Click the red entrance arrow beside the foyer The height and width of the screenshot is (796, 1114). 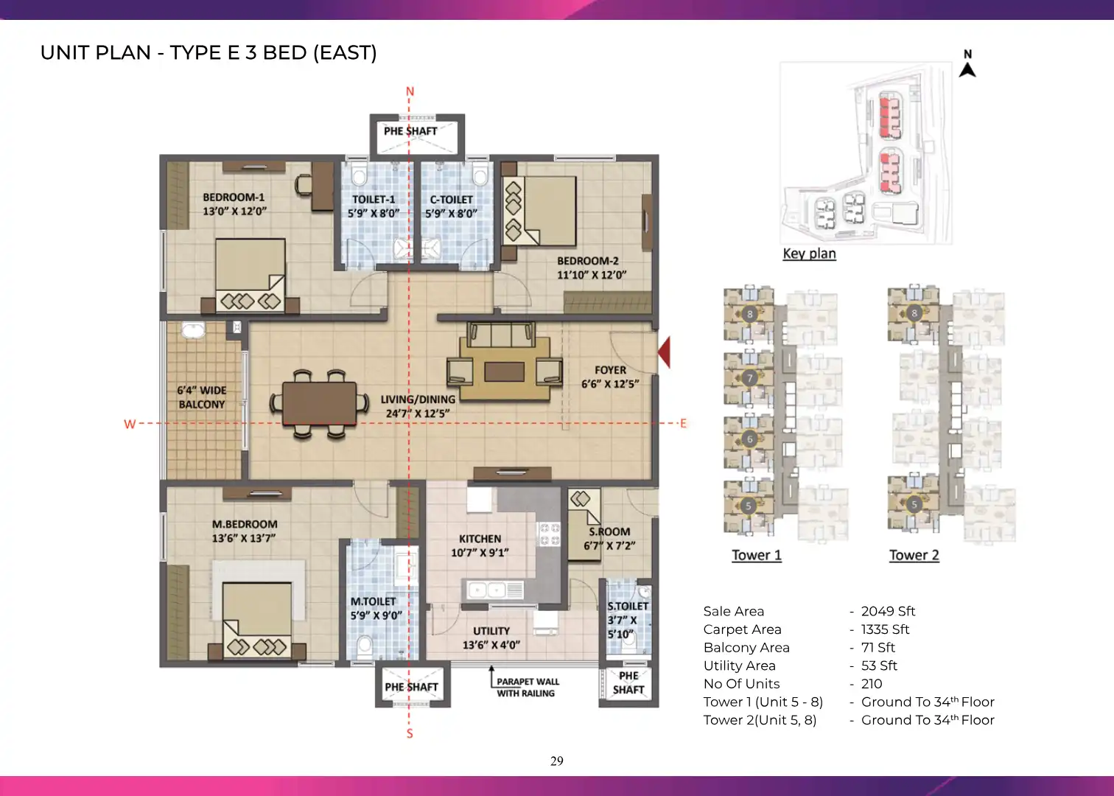tap(665, 352)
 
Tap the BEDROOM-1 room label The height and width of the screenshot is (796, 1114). tap(234, 198)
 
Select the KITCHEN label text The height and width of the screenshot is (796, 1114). tap(480, 539)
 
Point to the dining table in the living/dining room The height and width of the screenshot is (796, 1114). tap(319, 403)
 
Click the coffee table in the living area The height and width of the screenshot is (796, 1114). tap(504, 371)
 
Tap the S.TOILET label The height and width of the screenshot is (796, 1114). tap(628, 606)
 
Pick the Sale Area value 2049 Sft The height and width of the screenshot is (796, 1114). tap(889, 611)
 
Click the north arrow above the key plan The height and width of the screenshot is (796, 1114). tap(967, 69)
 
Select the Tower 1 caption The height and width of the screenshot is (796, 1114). tap(757, 555)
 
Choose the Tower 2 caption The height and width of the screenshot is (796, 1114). tap(914, 555)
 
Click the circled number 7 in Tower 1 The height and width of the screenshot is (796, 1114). tap(750, 378)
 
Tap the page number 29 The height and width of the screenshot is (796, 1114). tap(557, 761)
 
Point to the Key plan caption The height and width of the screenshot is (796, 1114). tap(809, 254)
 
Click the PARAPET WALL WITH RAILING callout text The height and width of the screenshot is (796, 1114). tap(528, 687)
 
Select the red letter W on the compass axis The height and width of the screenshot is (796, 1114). tap(130, 424)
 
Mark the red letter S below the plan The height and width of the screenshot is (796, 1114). tap(410, 733)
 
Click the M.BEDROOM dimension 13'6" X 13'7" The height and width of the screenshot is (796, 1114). tap(244, 538)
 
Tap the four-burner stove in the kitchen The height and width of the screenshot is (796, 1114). tap(550, 534)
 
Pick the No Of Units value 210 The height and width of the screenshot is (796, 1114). tap(872, 683)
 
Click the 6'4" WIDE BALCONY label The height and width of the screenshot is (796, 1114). tap(202, 397)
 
